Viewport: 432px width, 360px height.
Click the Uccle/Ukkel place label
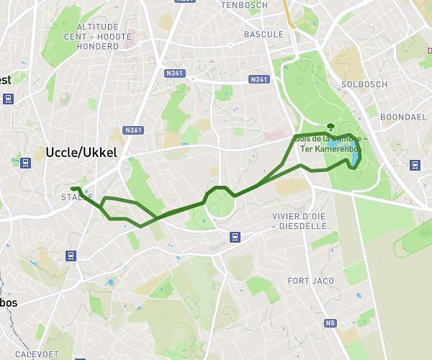tap(81, 153)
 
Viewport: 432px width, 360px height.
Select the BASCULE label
tap(264, 34)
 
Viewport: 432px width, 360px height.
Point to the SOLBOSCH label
tap(364, 84)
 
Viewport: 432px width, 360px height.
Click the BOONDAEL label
tap(403, 117)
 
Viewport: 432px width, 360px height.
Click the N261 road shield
tap(132, 130)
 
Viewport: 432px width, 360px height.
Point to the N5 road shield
tap(330, 323)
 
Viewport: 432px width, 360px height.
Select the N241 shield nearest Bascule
tap(258, 79)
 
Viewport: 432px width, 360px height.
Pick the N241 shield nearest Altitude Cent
tap(174, 73)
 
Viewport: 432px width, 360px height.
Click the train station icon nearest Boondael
tap(415, 165)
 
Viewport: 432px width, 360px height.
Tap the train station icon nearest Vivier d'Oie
tap(235, 237)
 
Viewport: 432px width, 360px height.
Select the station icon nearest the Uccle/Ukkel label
tap(26, 163)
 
